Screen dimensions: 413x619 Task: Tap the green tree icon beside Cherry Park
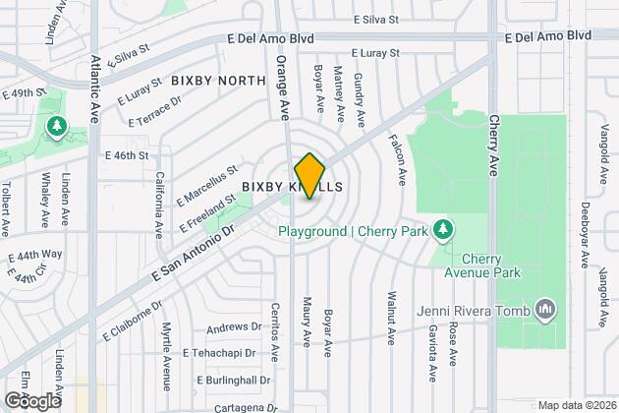click(445, 230)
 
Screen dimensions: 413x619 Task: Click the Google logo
click(32, 400)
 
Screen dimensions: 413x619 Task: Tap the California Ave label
click(158, 204)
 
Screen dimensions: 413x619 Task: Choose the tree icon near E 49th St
click(56, 127)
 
